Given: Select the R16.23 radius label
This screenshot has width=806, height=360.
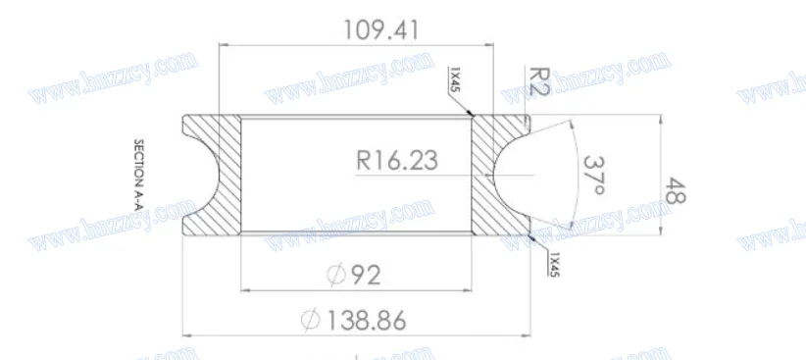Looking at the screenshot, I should click(396, 159).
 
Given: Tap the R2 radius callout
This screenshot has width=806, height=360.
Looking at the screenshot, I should click(538, 81).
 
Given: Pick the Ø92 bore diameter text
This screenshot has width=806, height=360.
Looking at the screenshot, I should click(353, 276).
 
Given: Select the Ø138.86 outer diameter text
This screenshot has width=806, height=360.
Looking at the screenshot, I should click(356, 320).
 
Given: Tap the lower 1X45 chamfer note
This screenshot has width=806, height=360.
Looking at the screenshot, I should click(554, 263).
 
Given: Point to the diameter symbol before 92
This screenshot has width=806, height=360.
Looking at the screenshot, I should click(334, 276).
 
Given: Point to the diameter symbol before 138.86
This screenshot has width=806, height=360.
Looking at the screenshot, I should click(311, 320).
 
